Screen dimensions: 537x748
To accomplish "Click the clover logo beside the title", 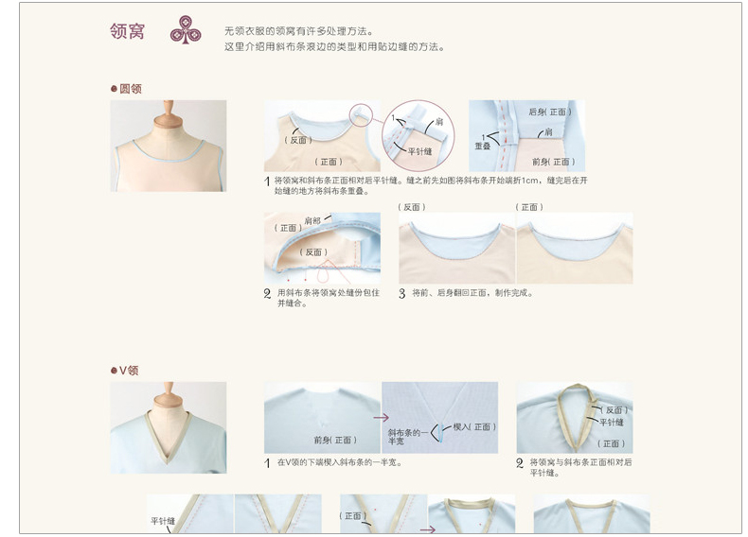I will pos(186,31).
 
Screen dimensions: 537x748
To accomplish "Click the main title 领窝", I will pos(127,31).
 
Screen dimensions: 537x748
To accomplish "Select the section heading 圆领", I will pos(130,89).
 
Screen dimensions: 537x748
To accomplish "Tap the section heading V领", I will pos(128,371).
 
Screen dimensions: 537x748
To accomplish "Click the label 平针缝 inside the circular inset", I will pos(419,150).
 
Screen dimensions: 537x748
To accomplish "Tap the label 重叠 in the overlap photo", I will pos(483,147).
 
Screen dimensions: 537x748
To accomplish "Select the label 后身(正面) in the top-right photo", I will pos(549,112).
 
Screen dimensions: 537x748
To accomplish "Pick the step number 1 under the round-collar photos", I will pos(267,181).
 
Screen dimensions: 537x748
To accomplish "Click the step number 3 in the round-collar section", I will pos(402,293).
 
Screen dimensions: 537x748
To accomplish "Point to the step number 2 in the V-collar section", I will pos(520,463).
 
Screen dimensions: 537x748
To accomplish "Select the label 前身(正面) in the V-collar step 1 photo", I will pos(335,440).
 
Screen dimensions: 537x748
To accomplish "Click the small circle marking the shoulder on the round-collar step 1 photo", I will pos(361,113).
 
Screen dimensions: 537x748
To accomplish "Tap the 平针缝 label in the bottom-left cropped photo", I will pos(164,521).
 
